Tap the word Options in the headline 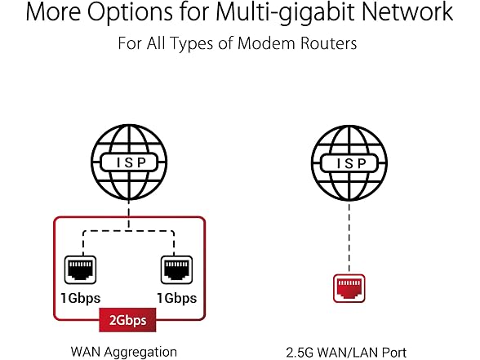click(130, 12)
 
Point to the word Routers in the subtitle click(328, 42)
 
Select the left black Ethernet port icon click(80, 270)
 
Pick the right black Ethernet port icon click(176, 270)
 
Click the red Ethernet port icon click(349, 288)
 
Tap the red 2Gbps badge click(127, 320)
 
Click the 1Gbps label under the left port click(81, 299)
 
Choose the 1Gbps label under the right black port click(177, 299)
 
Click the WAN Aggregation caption click(124, 352)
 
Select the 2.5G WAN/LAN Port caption click(346, 353)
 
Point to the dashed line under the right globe click(349, 238)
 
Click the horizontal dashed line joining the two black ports click(129, 231)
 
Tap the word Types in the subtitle click(191, 43)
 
